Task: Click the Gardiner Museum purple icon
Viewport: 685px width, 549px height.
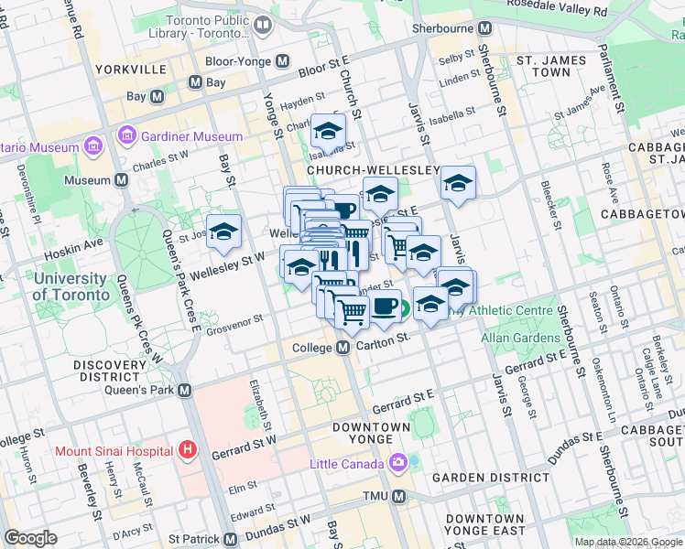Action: pyautogui.click(x=127, y=137)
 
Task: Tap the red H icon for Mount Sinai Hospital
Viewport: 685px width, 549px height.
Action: pyautogui.click(x=188, y=450)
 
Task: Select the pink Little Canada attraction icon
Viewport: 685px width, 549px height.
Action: pyautogui.click(x=398, y=463)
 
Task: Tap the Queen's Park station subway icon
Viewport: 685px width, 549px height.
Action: pyautogui.click(x=185, y=391)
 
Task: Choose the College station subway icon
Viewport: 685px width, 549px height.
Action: pyautogui.click(x=343, y=349)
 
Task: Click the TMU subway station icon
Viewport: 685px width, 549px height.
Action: pyautogui.click(x=398, y=496)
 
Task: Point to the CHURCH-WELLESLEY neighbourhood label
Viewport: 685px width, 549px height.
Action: pyautogui.click(x=373, y=170)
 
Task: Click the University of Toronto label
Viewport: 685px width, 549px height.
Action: pyautogui.click(x=69, y=286)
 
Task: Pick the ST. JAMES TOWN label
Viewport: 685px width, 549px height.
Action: pyautogui.click(x=550, y=66)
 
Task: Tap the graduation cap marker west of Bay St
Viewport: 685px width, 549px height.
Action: pyautogui.click(x=223, y=234)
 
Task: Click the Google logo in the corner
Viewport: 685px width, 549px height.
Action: pyautogui.click(x=30, y=538)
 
